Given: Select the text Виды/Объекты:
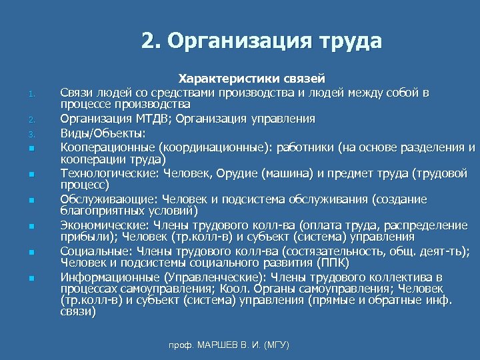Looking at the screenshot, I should (x=103, y=133).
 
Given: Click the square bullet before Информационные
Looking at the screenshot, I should (x=31, y=277).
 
